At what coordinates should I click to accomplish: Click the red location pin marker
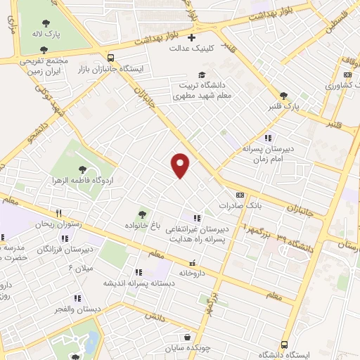pyautogui.click(x=181, y=165)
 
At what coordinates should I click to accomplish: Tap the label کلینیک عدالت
pyautogui.click(x=190, y=49)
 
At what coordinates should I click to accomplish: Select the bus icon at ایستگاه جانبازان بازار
pyautogui.click(x=110, y=58)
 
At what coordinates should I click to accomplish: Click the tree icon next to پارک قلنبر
pyautogui.click(x=284, y=95)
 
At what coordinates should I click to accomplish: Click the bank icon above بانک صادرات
pyautogui.click(x=240, y=195)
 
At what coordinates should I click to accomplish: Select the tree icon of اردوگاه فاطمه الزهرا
pyautogui.click(x=83, y=169)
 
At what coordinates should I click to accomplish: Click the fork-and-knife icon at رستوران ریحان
pyautogui.click(x=60, y=212)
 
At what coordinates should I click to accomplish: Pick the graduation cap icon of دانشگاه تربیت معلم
pyautogui.click(x=202, y=75)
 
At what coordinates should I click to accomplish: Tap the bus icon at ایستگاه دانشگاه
pyautogui.click(x=284, y=345)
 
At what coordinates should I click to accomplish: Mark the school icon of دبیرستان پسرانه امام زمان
pyautogui.click(x=267, y=138)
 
